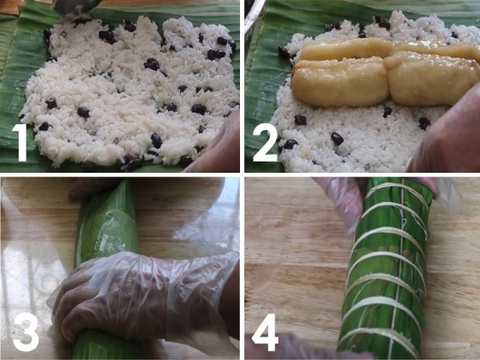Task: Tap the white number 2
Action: [x=265, y=142]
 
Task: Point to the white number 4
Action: [x=265, y=332]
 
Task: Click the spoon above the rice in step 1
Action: [x=77, y=9]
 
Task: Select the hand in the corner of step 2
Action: [x=447, y=134]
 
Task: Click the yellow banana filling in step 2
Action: [x=384, y=72]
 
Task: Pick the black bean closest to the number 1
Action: [x=44, y=126]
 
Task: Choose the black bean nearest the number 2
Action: [x=290, y=144]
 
